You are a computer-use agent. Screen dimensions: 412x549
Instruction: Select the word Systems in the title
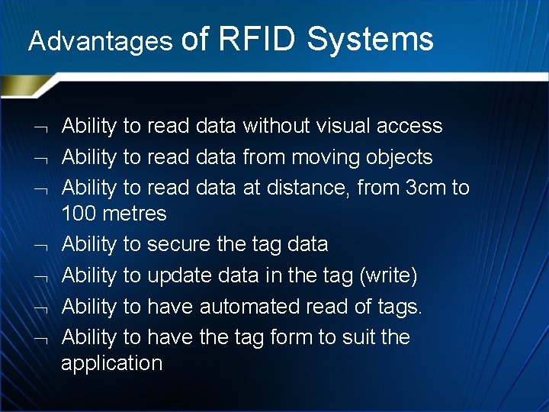[x=371, y=39]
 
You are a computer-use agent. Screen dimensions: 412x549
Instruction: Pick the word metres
[x=136, y=214]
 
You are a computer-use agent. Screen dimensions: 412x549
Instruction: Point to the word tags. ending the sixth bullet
[x=400, y=307]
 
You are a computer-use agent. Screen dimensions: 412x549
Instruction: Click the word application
[x=112, y=363]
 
